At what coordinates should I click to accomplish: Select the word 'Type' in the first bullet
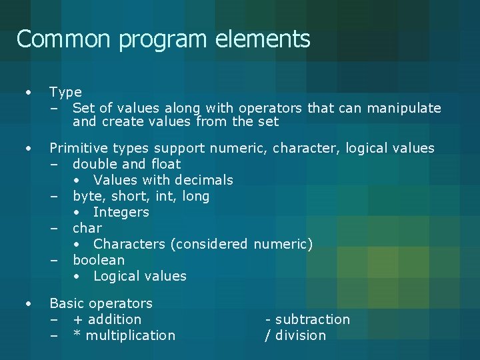coord(65,92)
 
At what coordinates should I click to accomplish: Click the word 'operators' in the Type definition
coord(269,108)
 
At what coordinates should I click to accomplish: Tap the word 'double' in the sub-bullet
coord(93,164)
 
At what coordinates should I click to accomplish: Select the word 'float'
coord(165,164)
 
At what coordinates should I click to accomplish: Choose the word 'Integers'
coord(121,212)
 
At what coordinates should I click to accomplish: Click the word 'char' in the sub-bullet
coord(87,228)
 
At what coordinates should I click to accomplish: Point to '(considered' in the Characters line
coord(209,244)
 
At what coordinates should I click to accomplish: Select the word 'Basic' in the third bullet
coord(67,303)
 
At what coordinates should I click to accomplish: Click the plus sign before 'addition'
coord(78,320)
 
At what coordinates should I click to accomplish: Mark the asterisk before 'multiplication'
coord(77,335)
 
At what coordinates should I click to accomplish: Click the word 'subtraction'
coord(312,319)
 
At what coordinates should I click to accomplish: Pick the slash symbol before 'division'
coord(268,335)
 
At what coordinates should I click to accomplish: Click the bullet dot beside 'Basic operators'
coord(28,304)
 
